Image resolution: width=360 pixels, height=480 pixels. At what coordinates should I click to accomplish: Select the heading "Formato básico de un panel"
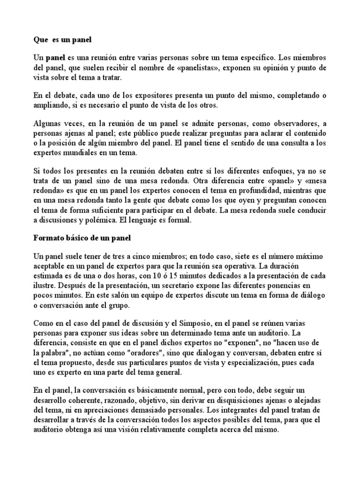click(82, 238)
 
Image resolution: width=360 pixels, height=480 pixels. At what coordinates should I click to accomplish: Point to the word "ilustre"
click(45, 285)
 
